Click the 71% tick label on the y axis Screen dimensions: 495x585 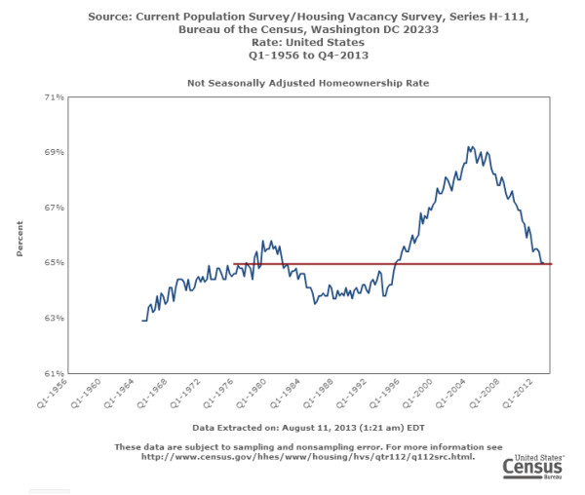54,97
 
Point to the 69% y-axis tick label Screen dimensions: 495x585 54,153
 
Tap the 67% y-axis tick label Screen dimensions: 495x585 54,208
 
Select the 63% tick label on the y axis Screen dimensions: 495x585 54,319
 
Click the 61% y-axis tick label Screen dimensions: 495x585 54,373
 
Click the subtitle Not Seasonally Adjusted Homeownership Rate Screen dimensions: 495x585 308,84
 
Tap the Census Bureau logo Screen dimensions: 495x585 532,466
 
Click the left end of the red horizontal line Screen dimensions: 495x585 236,263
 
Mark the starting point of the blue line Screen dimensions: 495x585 142,321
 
